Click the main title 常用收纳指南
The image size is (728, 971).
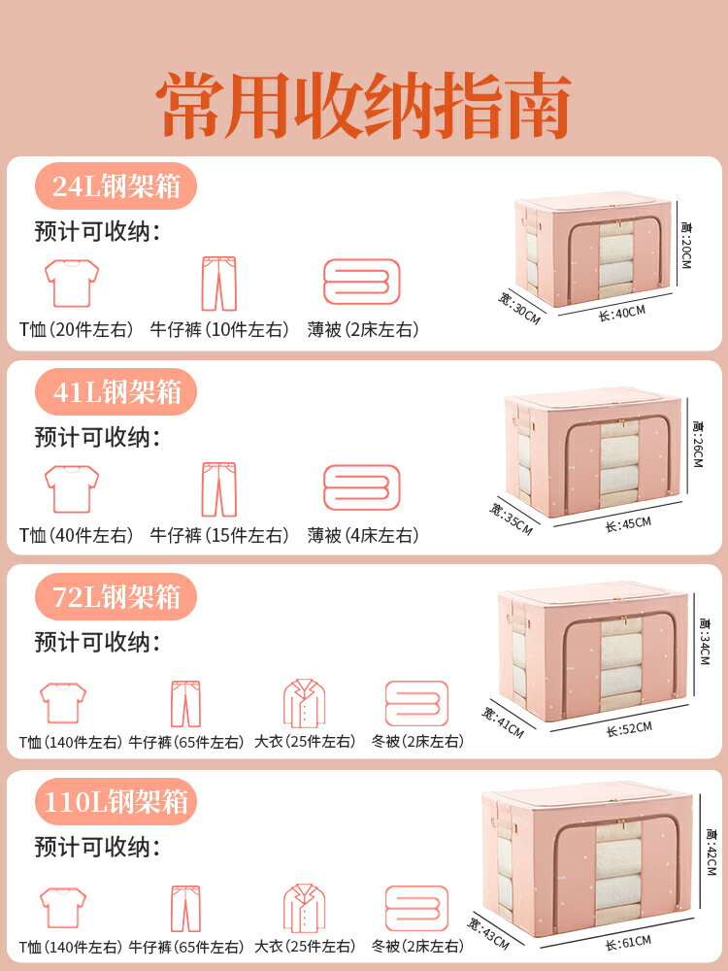[x=363, y=105]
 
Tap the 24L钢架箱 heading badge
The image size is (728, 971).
[x=116, y=185]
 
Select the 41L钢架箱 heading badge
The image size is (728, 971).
[x=116, y=391]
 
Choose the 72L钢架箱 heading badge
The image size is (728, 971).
[x=116, y=596]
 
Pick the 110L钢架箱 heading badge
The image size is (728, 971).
[x=116, y=801]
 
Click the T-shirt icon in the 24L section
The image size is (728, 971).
[x=72, y=283]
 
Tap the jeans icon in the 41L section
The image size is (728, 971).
[x=219, y=488]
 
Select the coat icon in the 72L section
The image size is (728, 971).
[x=305, y=703]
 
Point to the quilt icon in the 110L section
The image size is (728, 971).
[x=416, y=908]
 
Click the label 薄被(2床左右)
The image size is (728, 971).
[x=363, y=329]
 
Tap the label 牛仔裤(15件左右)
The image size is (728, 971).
[x=219, y=535]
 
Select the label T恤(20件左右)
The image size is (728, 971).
[x=76, y=329]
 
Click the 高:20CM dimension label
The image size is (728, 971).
[x=686, y=246]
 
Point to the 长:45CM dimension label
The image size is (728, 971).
[x=628, y=524]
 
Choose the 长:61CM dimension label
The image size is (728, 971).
[x=628, y=943]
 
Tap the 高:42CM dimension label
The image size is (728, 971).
[x=711, y=853]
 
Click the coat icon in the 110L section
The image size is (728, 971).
[x=305, y=908]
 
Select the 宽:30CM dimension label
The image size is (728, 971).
[x=519, y=309]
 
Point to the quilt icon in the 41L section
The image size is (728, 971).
[x=362, y=487]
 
